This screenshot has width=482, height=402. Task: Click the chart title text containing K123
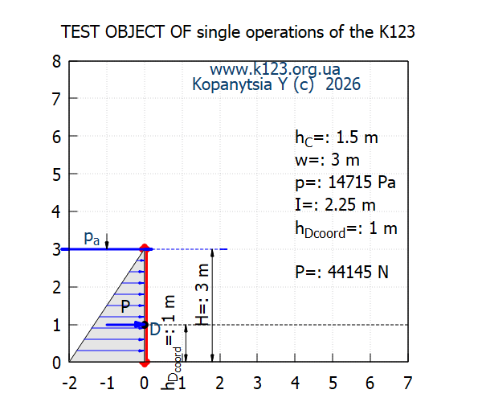click(x=238, y=32)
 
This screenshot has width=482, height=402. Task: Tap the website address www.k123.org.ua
click(x=275, y=69)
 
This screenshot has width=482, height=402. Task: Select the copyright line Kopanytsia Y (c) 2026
click(x=276, y=84)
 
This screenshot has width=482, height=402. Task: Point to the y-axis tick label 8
click(x=56, y=62)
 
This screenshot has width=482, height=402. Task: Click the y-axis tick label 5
click(x=56, y=175)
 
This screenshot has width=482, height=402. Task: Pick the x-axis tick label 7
click(x=408, y=384)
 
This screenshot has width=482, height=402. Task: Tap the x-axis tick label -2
click(x=69, y=384)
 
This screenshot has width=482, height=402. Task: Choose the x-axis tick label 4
click(x=295, y=384)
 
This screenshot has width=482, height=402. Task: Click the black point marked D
click(x=145, y=325)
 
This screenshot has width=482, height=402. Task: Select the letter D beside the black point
click(x=155, y=330)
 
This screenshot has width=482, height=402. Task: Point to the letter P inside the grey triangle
click(x=125, y=306)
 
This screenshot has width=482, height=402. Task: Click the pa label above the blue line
click(x=92, y=238)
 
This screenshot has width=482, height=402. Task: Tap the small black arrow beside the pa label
click(x=107, y=241)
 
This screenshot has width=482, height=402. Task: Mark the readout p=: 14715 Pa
click(x=345, y=183)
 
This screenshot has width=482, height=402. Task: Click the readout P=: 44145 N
click(x=342, y=272)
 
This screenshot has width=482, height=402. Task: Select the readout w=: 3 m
click(x=327, y=160)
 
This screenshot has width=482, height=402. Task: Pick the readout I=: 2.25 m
click(x=335, y=205)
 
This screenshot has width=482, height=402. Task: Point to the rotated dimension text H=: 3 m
click(x=202, y=294)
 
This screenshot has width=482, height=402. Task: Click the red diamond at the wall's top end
click(x=145, y=248)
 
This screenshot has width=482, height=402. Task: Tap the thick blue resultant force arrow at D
click(x=124, y=325)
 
